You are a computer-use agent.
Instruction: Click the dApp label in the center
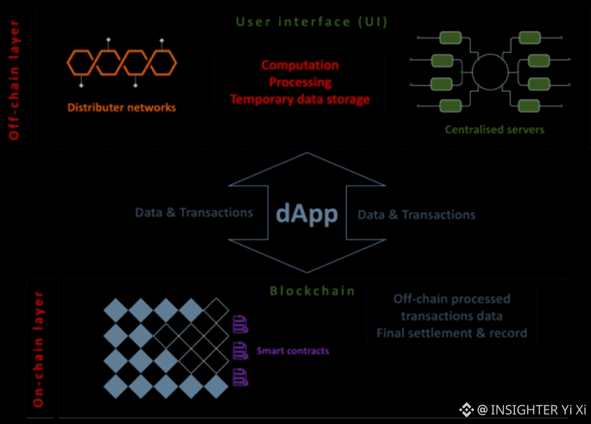pyautogui.click(x=307, y=214)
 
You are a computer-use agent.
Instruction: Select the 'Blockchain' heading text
pyautogui.click(x=312, y=291)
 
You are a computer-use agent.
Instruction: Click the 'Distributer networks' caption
pyautogui.click(x=122, y=107)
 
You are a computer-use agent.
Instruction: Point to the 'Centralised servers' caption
pyautogui.click(x=495, y=130)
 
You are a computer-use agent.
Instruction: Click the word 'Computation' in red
pyautogui.click(x=300, y=65)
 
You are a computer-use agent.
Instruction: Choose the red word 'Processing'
pyautogui.click(x=300, y=83)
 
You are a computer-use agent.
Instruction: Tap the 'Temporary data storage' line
pyautogui.click(x=300, y=100)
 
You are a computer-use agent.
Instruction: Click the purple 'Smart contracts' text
pyautogui.click(x=293, y=350)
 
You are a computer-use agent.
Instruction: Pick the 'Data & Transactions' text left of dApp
pyautogui.click(x=194, y=213)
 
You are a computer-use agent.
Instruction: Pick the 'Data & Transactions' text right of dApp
pyautogui.click(x=416, y=215)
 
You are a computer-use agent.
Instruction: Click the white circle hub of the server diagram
pyautogui.click(x=490, y=71)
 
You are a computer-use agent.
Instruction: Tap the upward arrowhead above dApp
pyautogui.click(x=307, y=167)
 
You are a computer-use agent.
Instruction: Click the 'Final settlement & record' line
pyautogui.click(x=451, y=333)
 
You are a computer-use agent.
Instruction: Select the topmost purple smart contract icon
pyautogui.click(x=240, y=324)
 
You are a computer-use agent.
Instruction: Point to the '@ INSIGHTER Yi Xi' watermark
pyautogui.click(x=523, y=409)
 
